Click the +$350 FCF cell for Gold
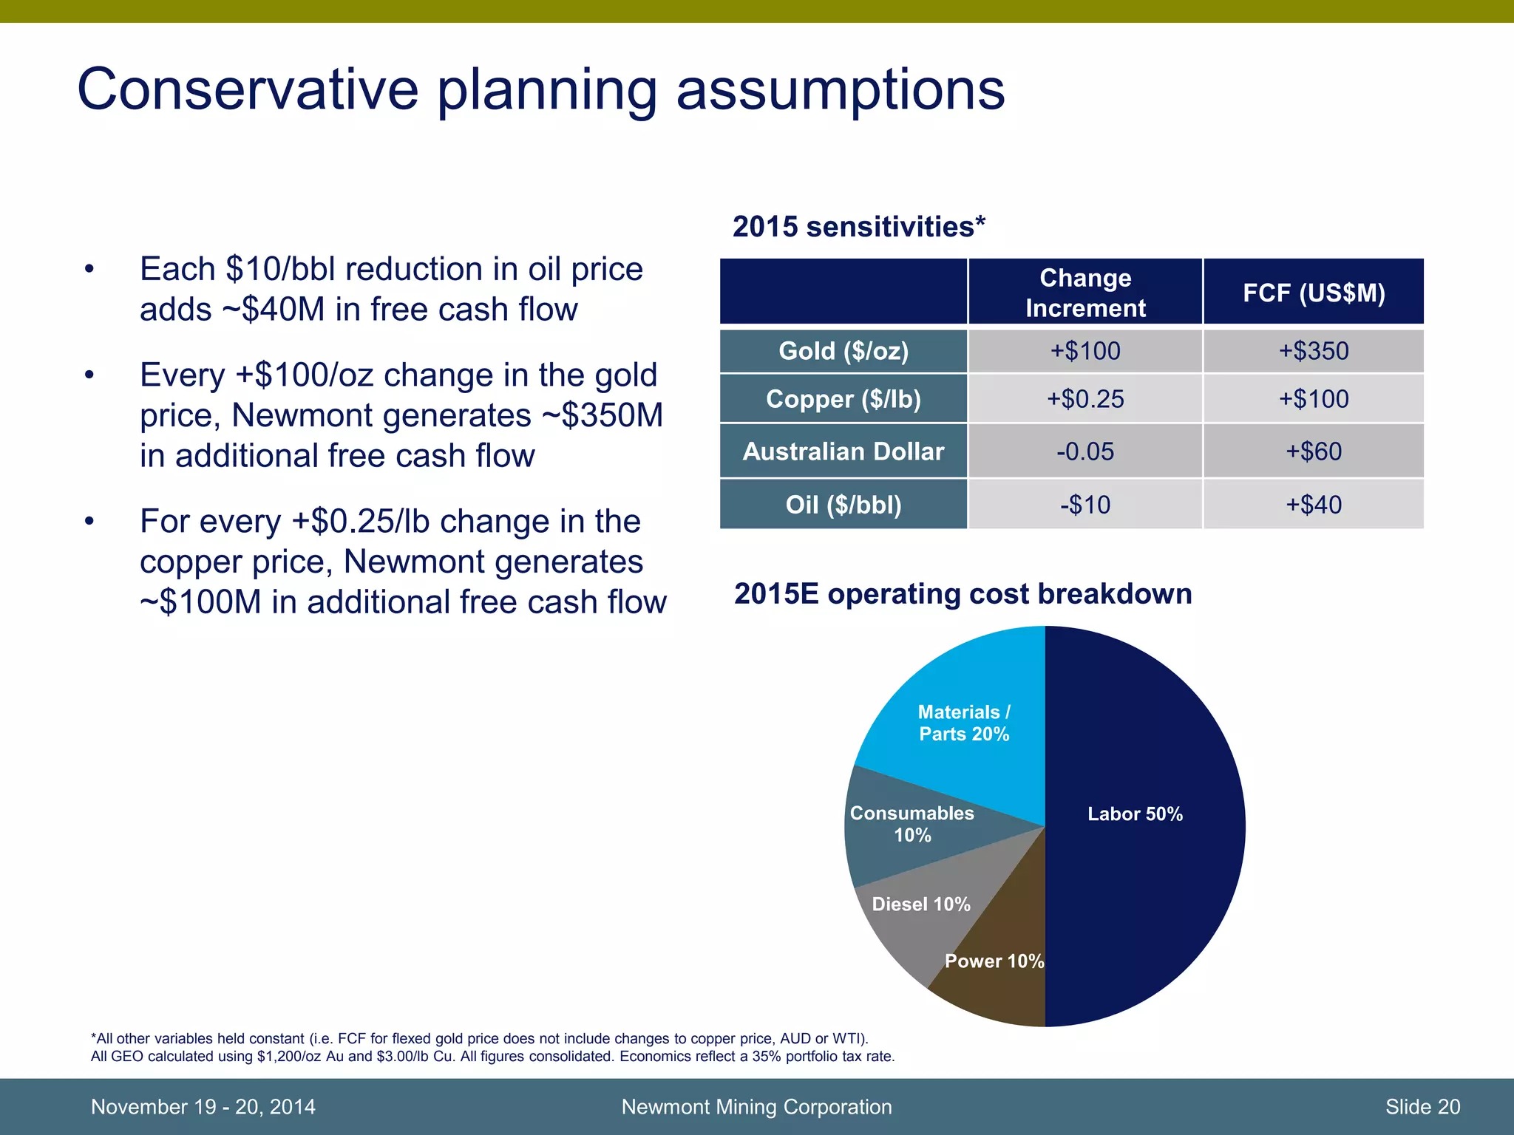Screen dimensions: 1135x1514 [x=1313, y=351]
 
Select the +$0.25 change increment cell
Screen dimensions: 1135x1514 [x=1084, y=399]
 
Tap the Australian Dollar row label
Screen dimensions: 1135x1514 [x=843, y=451]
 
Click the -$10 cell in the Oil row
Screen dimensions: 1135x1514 [x=1084, y=505]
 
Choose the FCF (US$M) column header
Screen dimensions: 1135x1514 [x=1313, y=293]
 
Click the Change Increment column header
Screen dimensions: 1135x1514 [x=1084, y=293]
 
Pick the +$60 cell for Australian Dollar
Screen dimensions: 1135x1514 [x=1313, y=451]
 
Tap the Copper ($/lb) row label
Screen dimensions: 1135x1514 [x=843, y=399]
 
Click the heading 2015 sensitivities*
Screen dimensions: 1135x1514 [x=858, y=227]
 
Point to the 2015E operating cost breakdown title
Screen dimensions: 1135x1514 [x=962, y=594]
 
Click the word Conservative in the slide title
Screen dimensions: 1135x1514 [x=248, y=90]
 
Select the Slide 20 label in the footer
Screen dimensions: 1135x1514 [x=1422, y=1107]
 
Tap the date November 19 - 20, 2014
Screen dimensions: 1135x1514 [x=203, y=1107]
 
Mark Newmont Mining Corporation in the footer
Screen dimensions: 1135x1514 [x=756, y=1107]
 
